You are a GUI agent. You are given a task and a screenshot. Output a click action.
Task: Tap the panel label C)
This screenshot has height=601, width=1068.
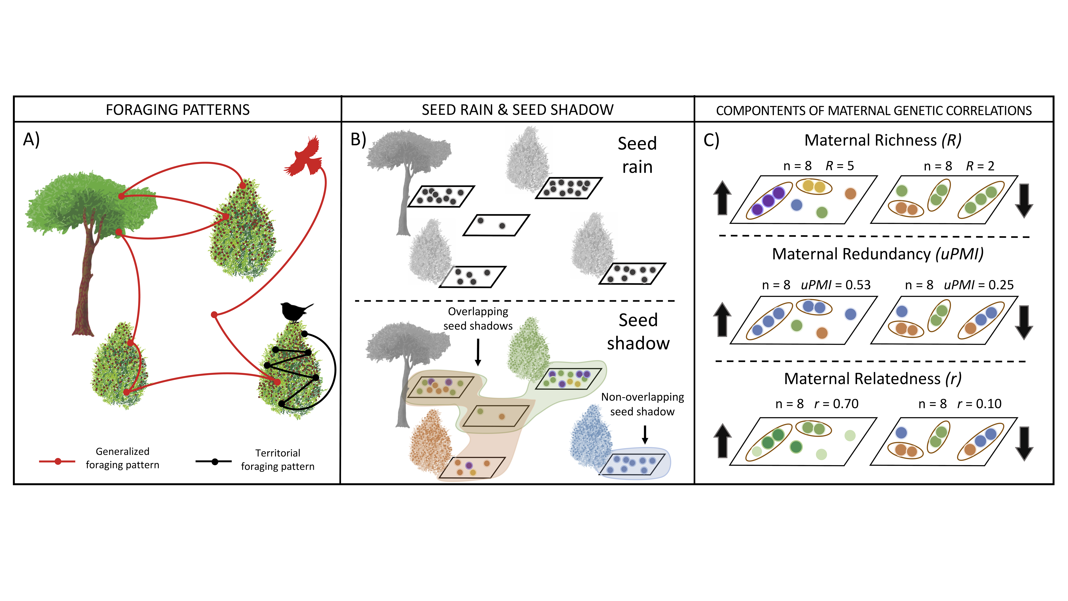pyautogui.click(x=711, y=141)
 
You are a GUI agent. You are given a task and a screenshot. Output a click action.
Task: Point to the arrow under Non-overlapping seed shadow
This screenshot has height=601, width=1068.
pyautogui.click(x=645, y=435)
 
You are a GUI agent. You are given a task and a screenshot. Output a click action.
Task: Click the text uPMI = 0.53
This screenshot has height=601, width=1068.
pyautogui.click(x=835, y=285)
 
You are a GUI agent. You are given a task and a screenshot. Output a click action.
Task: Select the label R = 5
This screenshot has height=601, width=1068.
pyautogui.click(x=840, y=166)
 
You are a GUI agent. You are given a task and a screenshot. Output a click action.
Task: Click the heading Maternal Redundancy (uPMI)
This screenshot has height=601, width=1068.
pyautogui.click(x=877, y=254)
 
